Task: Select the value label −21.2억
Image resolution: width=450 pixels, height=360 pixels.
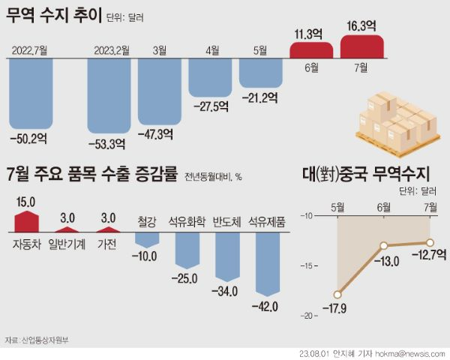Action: coord(260,97)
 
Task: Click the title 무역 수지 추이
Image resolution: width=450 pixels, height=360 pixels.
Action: coord(52,17)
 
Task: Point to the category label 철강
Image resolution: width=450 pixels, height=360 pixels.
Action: coord(148,221)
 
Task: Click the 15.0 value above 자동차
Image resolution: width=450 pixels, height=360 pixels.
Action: coord(26,200)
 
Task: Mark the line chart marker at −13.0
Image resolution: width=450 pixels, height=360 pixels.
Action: coord(384,245)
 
